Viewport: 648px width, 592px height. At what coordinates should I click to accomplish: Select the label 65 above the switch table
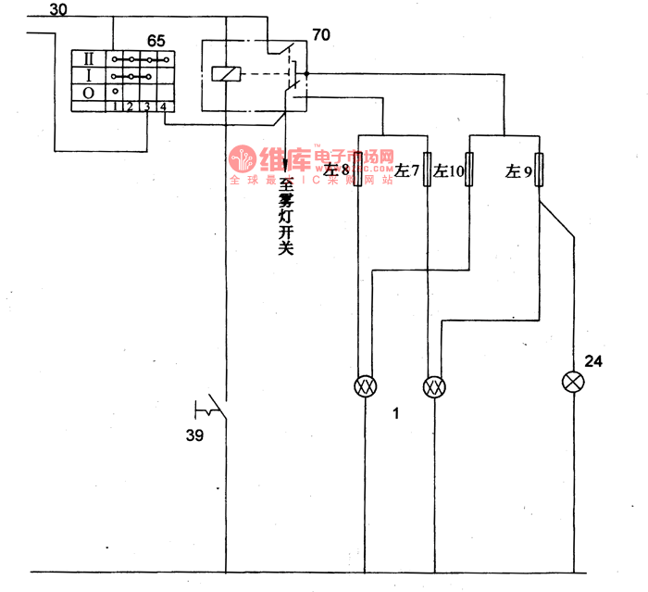click(x=156, y=41)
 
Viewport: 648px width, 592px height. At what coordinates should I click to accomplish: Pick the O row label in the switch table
click(x=88, y=92)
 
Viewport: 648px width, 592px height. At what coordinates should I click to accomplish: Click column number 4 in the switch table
click(x=163, y=106)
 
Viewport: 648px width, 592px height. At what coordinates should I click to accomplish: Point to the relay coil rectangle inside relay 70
click(x=223, y=73)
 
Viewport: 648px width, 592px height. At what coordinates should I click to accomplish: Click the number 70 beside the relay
click(x=321, y=36)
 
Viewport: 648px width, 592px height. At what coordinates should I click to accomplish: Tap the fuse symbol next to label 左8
click(x=358, y=170)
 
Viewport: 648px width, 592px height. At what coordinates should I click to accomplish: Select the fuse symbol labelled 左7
click(x=427, y=170)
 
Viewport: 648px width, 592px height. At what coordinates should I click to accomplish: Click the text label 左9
click(x=518, y=171)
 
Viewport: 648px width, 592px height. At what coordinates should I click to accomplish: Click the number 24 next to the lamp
click(x=593, y=361)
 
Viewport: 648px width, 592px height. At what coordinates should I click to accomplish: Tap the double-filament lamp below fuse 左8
click(x=364, y=386)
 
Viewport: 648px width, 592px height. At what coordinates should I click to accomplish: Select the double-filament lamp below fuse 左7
click(x=433, y=386)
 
